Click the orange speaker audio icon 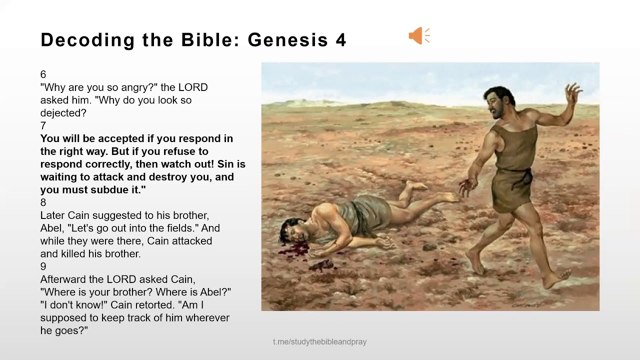click(419, 36)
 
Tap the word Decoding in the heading click(88, 40)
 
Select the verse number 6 click(43, 74)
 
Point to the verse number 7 click(43, 125)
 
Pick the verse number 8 click(43, 202)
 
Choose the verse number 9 click(43, 266)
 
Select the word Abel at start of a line click(50, 228)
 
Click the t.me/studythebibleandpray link click(319, 342)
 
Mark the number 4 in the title click(341, 40)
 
